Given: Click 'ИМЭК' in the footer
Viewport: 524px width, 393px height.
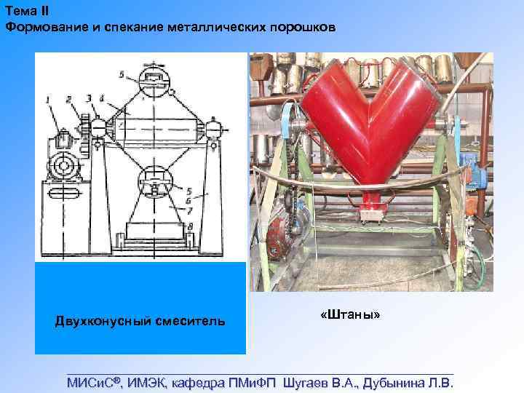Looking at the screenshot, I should pyautogui.click(x=148, y=382).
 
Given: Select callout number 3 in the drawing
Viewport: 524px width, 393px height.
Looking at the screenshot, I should pyautogui.click(x=88, y=98).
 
